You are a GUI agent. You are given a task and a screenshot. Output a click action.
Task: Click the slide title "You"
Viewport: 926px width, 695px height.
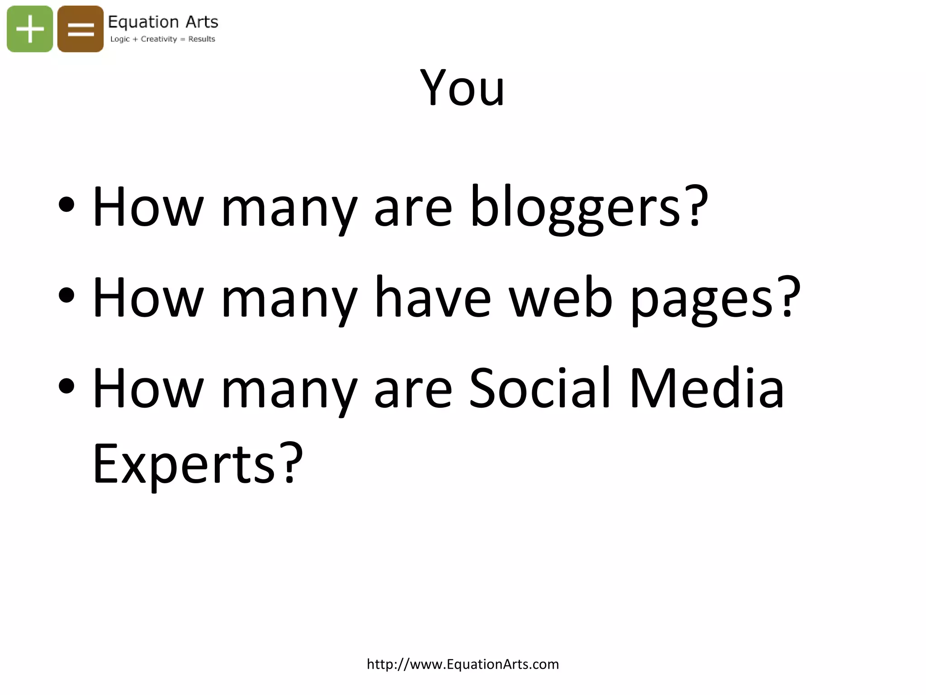tap(462, 88)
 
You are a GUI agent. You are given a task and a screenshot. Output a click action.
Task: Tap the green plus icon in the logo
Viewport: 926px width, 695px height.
tap(30, 29)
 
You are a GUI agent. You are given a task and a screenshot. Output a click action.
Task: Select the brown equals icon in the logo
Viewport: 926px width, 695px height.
tap(80, 29)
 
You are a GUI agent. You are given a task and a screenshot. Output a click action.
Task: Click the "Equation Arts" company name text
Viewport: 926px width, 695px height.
tap(163, 22)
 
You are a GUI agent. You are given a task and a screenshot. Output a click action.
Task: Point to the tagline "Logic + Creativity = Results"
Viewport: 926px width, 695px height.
tap(163, 39)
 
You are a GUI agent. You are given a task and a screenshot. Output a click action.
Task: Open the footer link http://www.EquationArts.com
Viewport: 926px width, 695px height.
tap(463, 664)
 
